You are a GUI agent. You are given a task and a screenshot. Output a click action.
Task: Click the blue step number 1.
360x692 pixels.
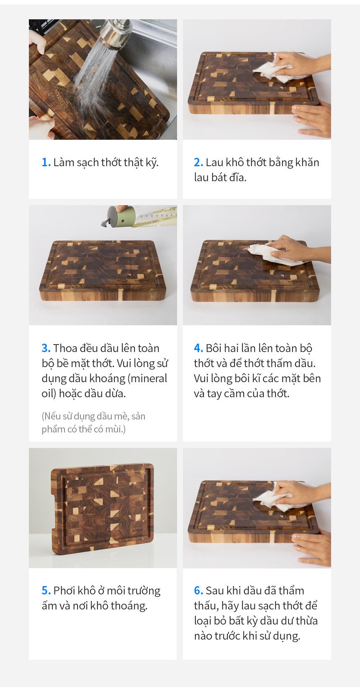46,162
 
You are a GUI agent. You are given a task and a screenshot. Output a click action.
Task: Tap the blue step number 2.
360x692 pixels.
198,162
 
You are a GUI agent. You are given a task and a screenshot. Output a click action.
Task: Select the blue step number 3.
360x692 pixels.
46,348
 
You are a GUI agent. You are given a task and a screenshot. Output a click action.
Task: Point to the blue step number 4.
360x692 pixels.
198,348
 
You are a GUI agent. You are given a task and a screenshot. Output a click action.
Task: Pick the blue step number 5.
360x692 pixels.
46,591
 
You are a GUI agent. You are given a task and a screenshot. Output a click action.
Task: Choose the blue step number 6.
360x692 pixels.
198,591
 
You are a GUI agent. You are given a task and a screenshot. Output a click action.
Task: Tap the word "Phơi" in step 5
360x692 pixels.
64,591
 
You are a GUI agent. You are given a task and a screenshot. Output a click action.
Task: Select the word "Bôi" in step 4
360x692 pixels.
213,348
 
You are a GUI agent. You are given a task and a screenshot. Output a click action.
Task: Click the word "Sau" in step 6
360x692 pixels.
215,591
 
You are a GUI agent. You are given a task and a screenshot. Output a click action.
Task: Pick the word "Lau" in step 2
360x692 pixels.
214,162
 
